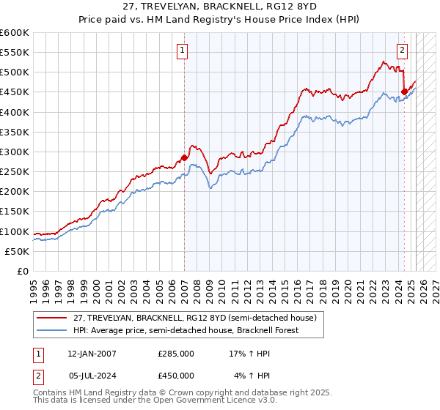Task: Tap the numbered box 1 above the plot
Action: point(181,51)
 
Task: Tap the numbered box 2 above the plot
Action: point(403,51)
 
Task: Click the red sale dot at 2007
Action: point(184,157)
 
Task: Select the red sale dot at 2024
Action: point(404,92)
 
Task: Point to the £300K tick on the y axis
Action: point(15,152)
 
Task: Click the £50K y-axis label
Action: point(18,251)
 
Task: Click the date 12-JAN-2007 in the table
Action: point(92,353)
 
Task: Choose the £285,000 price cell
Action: point(176,353)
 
